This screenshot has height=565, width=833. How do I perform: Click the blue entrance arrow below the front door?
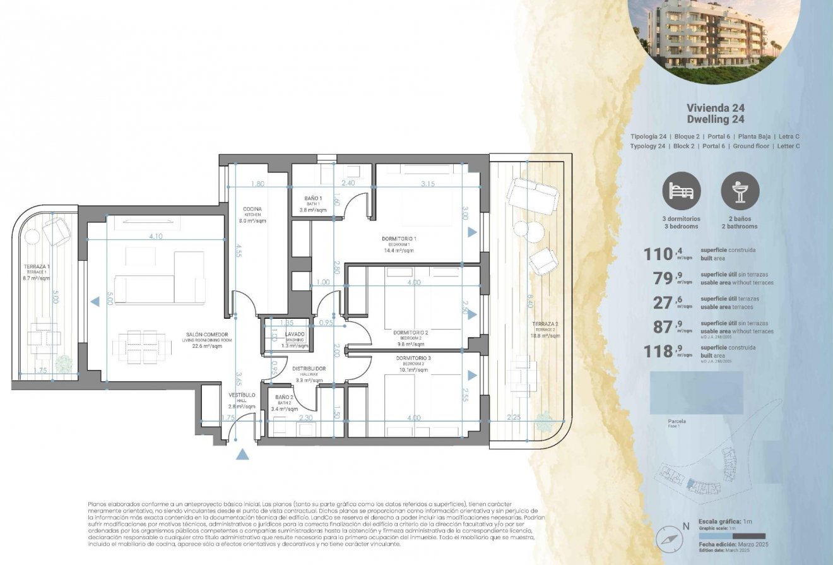point(243,454)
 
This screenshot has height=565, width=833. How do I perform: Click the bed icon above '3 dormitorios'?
point(681,191)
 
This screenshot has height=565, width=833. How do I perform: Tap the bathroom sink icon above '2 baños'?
point(740,191)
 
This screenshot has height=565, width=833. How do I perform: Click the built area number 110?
point(659,254)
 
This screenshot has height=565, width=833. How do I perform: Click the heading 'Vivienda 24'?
point(714,109)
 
